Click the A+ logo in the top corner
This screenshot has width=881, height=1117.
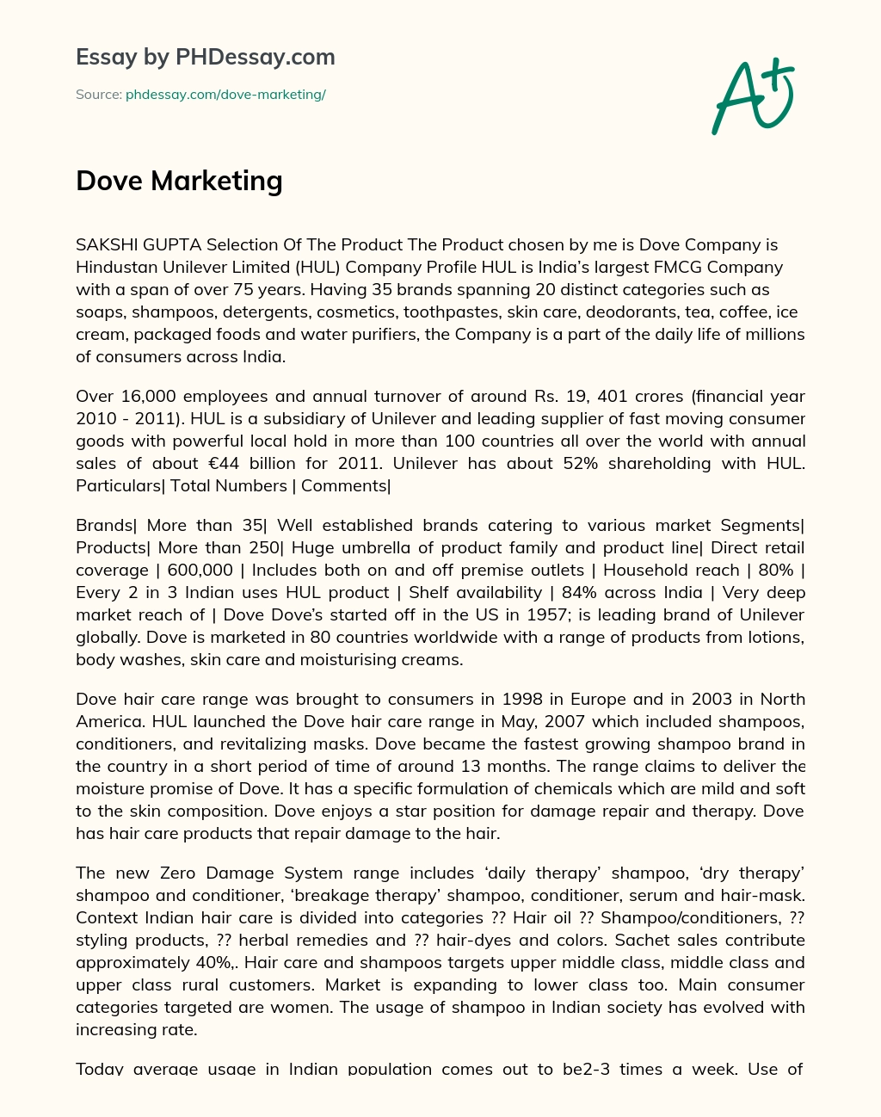tap(753, 97)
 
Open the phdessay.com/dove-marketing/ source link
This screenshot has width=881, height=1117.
tap(225, 95)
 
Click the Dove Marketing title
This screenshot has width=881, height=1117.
tap(179, 181)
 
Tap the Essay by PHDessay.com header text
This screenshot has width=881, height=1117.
tap(205, 58)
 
